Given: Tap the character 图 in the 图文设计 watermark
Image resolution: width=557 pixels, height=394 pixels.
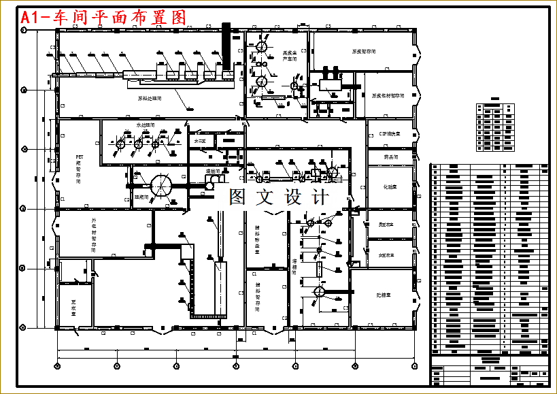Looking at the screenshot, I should point(237,197).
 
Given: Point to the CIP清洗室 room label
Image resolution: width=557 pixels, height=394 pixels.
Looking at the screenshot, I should point(388,135).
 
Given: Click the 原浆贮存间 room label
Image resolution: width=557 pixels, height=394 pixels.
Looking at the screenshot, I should point(364,51).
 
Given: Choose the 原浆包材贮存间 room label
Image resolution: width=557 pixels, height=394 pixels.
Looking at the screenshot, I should point(388,96).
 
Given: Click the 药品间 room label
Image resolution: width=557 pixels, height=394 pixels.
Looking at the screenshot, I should point(390,157).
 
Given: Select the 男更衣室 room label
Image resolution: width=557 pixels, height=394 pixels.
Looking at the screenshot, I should point(386,224).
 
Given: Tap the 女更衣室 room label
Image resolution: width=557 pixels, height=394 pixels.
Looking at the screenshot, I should point(386,254).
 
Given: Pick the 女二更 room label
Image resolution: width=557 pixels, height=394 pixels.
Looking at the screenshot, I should point(201,141).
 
